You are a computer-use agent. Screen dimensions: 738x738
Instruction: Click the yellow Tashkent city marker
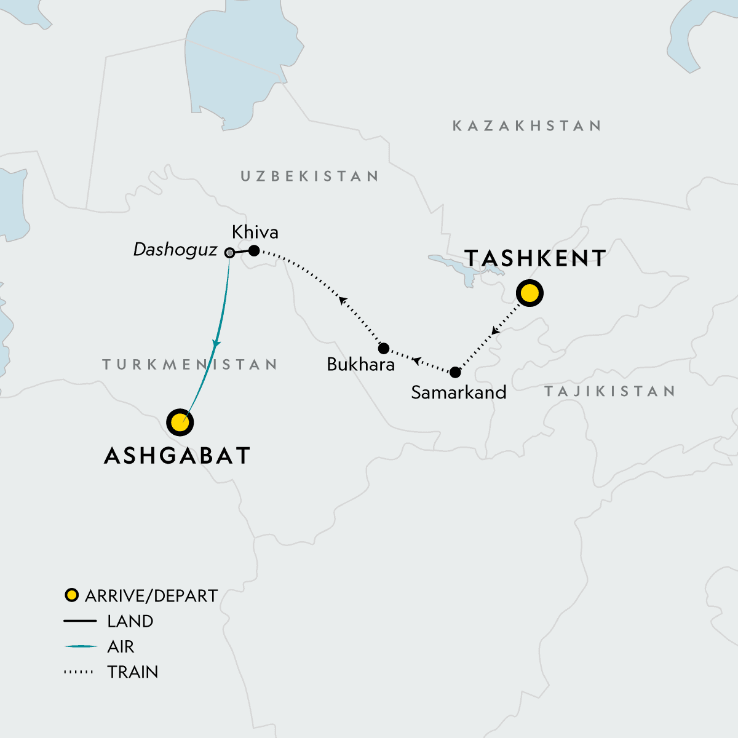[x=530, y=293]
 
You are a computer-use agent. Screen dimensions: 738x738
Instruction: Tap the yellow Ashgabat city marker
[x=180, y=423]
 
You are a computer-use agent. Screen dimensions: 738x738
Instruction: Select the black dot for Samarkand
[x=455, y=372]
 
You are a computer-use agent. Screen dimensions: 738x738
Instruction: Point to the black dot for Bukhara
[x=384, y=348]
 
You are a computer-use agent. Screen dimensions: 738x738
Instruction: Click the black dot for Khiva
[x=253, y=250]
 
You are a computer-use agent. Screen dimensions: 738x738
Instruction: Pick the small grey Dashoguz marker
[x=229, y=252]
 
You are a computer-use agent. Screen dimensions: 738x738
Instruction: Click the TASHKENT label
[x=535, y=258]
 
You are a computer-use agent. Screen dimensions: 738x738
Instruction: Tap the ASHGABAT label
[x=177, y=456]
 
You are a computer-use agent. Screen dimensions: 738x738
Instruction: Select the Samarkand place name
[x=458, y=392]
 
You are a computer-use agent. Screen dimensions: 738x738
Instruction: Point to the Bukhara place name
[x=360, y=364]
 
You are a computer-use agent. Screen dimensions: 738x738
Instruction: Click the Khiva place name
[x=255, y=232]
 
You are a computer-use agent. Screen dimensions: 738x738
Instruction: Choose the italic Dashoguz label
[x=175, y=250]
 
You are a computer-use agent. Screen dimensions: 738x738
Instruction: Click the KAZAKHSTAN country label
[x=527, y=126]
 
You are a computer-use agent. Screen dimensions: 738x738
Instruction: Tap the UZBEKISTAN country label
[x=309, y=177]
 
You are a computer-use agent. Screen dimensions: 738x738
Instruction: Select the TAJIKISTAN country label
[x=609, y=391]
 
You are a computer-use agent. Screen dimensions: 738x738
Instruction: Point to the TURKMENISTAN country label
[x=189, y=365]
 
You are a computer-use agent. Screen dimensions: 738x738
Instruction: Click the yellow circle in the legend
[x=72, y=595]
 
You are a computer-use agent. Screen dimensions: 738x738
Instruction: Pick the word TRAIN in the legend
[x=132, y=672]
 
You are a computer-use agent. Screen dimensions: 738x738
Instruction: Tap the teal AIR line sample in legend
[x=80, y=646]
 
